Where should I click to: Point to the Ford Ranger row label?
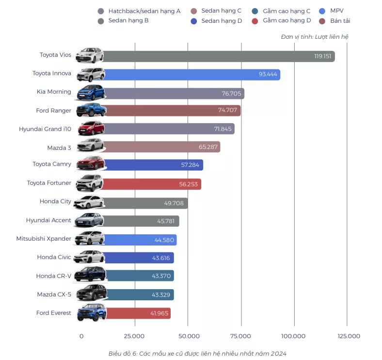tap(53, 111)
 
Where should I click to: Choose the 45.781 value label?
tap(167, 221)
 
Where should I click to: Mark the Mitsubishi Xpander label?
tap(44, 239)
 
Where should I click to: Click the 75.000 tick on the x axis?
tap(240, 336)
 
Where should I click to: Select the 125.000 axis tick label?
tap(349, 336)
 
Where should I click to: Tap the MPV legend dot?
tap(322, 11)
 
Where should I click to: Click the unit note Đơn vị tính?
tap(314, 37)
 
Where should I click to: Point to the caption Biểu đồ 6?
tap(197, 354)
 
